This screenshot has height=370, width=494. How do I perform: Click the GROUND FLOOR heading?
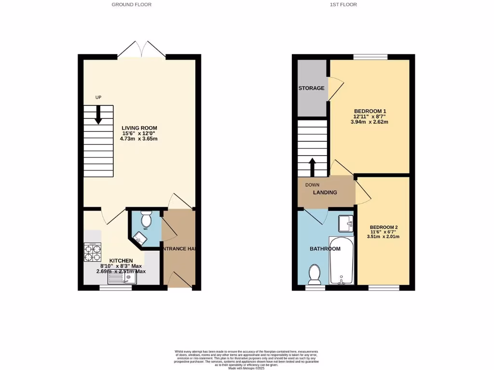131,5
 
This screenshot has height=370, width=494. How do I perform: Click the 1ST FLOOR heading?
343,5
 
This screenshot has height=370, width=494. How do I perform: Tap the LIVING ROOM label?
139,128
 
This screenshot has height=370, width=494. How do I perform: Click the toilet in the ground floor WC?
146,220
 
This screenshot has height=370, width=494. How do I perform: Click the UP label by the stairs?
98,98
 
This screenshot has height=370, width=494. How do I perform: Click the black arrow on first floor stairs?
312,167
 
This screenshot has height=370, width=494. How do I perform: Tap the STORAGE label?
311,88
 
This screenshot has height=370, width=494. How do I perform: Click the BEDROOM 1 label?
370,111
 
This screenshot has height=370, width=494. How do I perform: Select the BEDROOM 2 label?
384,227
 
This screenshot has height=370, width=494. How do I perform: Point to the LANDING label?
325,192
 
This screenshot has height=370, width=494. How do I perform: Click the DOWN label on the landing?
312,184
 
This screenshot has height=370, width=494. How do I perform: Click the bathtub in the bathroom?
342,260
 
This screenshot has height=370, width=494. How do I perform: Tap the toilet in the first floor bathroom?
314,274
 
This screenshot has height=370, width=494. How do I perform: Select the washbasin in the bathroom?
346,223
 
